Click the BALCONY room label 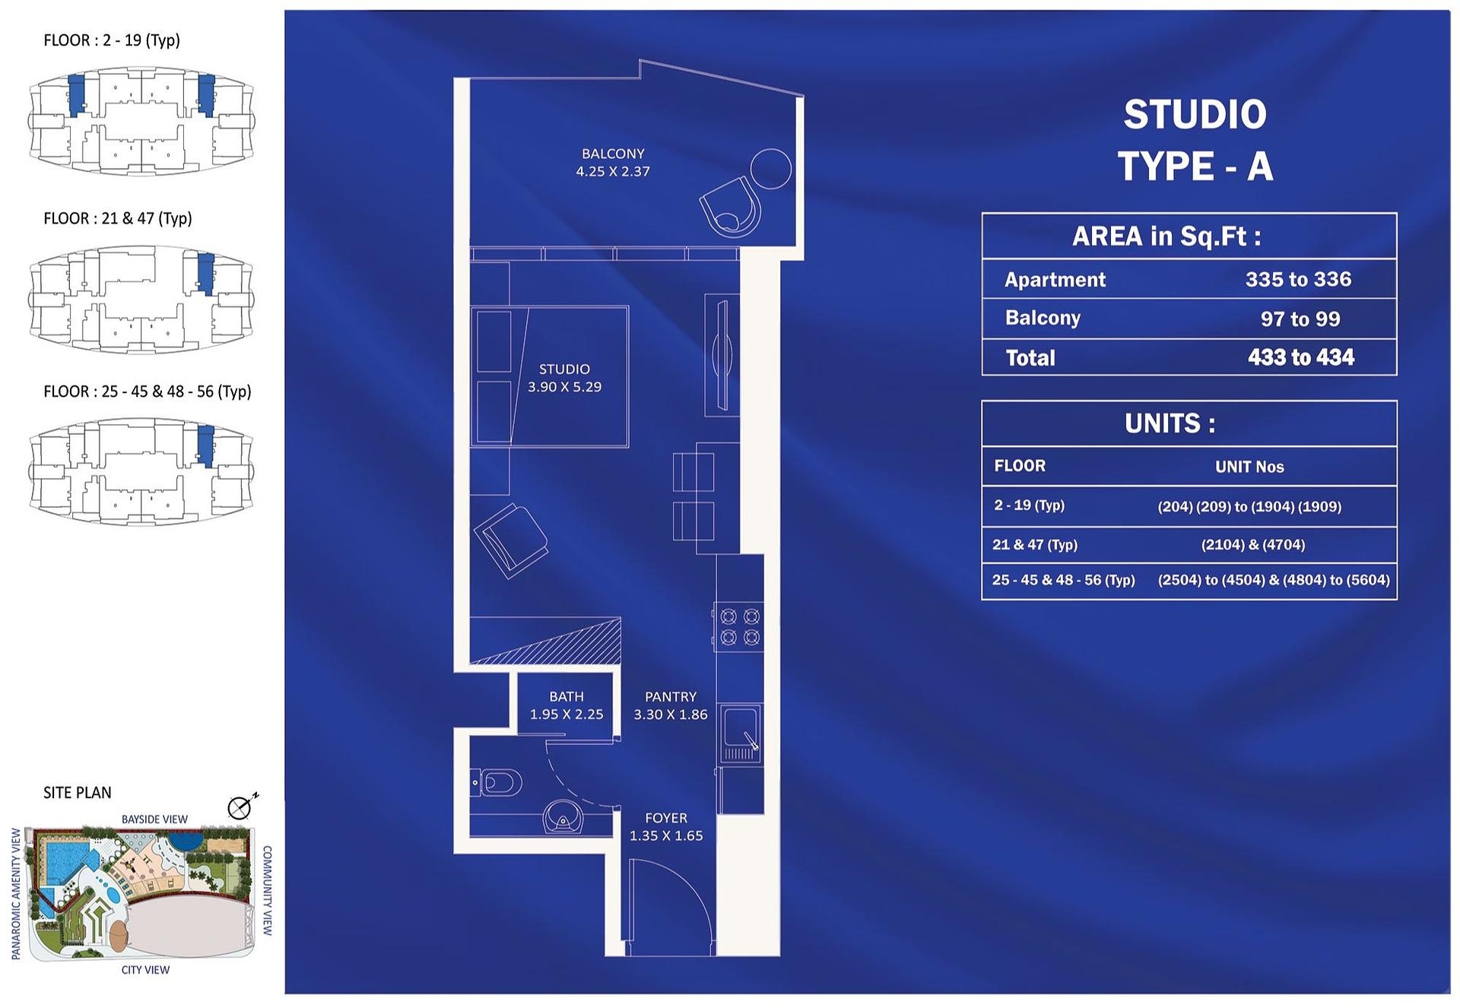tap(613, 154)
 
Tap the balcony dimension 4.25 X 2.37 tap(613, 172)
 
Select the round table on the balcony tap(771, 169)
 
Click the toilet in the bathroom tap(497, 782)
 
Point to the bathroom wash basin tap(563, 817)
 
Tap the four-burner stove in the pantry tap(740, 626)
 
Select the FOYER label tap(666, 818)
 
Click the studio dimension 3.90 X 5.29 tap(564, 387)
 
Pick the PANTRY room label tap(671, 696)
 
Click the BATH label tap(567, 696)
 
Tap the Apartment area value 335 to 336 tap(1298, 279)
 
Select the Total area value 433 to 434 tap(1301, 357)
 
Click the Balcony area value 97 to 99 tap(1300, 319)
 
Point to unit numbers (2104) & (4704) tap(1253, 545)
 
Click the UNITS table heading tap(1170, 423)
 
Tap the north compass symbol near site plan tap(241, 807)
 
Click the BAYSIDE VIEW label tap(154, 819)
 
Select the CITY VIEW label tap(145, 970)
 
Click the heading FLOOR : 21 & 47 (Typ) tap(118, 219)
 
